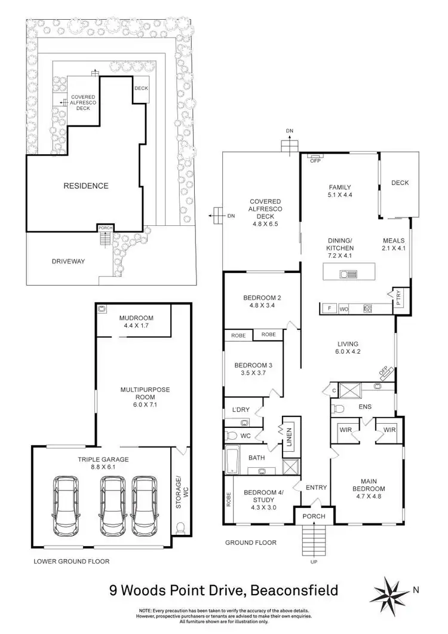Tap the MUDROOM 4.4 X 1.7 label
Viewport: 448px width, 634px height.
136,321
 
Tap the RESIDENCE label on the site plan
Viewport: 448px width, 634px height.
86,186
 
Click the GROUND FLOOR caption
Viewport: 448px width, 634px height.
251,543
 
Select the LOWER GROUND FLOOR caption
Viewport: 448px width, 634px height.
72,562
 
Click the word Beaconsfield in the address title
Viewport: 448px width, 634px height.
296,591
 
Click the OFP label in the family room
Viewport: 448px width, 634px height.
314,158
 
